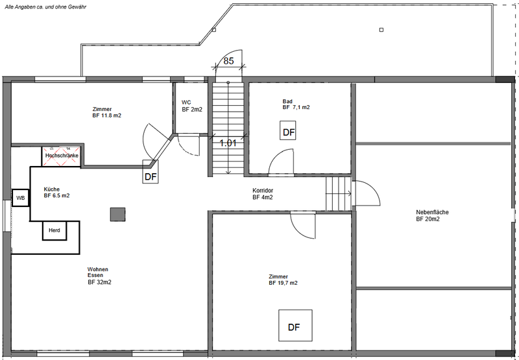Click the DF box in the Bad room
tap(287, 130)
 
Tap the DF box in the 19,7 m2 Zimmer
tap(295, 325)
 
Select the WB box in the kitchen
tap(21, 198)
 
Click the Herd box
tap(54, 230)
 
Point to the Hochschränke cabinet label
tap(62, 156)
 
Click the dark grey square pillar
tap(117, 214)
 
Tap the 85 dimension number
tap(228, 61)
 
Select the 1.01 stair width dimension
tap(228, 143)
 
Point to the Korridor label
tap(263, 191)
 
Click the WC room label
tap(186, 102)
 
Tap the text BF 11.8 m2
tap(108, 115)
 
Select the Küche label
tap(52, 189)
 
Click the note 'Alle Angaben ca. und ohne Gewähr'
tap(45, 6)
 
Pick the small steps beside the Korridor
tap(338, 193)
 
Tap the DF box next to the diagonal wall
tap(151, 171)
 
